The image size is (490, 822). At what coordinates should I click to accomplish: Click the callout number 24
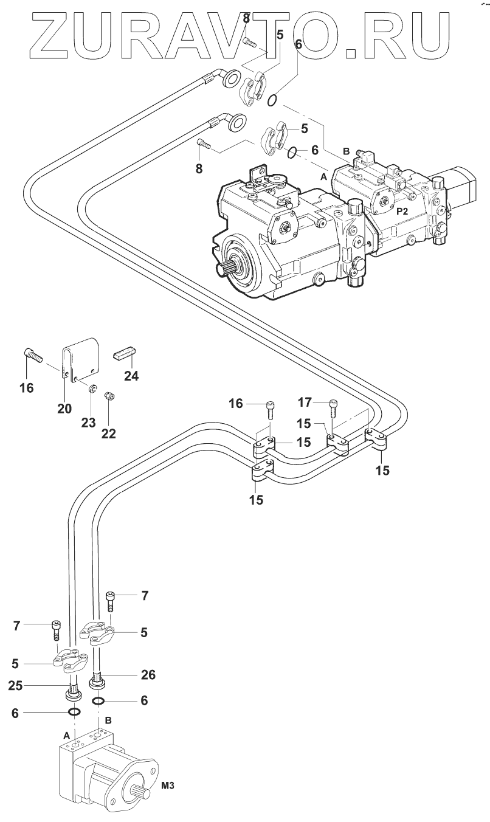131,376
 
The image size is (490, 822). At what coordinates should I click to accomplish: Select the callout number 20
64,407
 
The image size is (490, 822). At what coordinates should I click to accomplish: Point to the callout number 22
108,433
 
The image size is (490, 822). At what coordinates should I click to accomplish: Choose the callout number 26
148,674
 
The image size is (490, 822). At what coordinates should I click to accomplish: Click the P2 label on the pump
402,212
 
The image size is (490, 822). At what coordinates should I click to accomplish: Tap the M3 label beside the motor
168,785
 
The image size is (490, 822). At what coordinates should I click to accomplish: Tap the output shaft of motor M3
139,794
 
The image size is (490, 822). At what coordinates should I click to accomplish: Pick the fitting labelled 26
98,682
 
